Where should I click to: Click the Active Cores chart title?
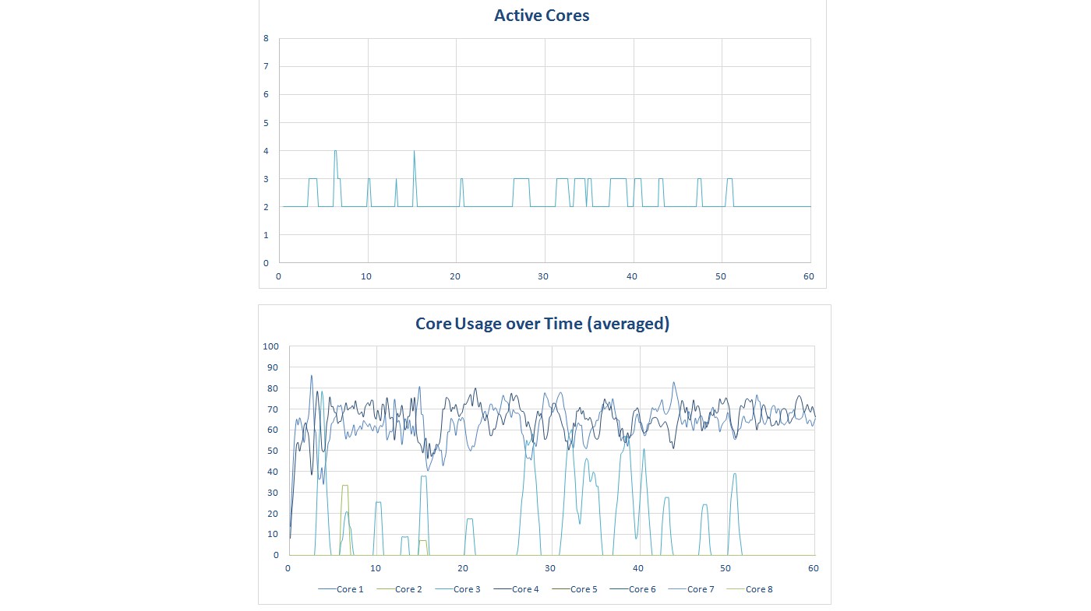pyautogui.click(x=542, y=15)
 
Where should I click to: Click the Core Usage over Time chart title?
pyautogui.click(x=542, y=324)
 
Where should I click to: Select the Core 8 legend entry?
pyautogui.click(x=756, y=589)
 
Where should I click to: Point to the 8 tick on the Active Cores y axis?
pyautogui.click(x=267, y=38)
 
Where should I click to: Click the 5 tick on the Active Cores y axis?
pyautogui.click(x=267, y=123)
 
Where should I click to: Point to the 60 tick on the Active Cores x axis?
pyautogui.click(x=808, y=276)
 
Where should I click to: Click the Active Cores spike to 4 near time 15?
pyautogui.click(x=414, y=152)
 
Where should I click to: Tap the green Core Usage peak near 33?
pyautogui.click(x=344, y=486)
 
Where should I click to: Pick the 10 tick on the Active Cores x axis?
pyautogui.click(x=366, y=276)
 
